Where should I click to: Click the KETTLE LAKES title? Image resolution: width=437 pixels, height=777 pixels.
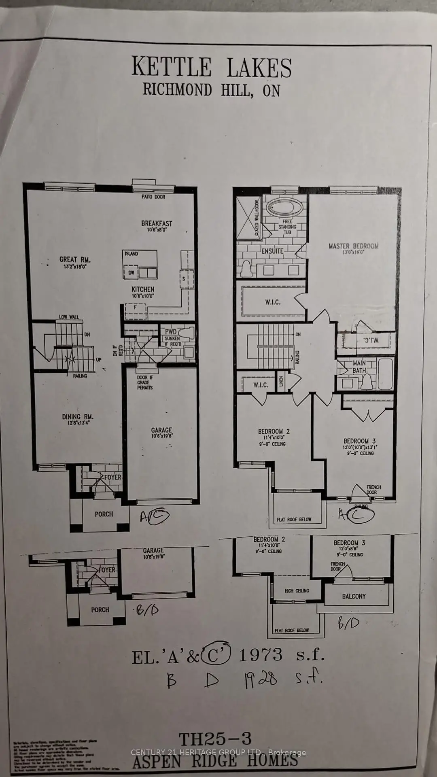pyautogui.click(x=212, y=67)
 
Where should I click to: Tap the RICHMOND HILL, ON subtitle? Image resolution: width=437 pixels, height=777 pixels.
pyautogui.click(x=211, y=90)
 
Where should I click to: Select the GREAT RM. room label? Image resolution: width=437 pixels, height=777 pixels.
pyautogui.click(x=75, y=260)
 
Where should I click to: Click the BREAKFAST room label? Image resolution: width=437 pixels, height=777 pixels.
pyautogui.click(x=157, y=223)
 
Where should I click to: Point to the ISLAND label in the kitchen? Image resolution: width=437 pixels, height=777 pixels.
pyautogui.click(x=131, y=254)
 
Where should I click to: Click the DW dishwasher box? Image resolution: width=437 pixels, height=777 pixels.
pyautogui.click(x=131, y=273)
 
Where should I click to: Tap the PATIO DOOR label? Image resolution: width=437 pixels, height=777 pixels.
pyautogui.click(x=153, y=197)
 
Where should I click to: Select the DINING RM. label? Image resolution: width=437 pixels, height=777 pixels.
pyautogui.click(x=78, y=417)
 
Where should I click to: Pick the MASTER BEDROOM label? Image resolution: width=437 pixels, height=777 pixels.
pyautogui.click(x=353, y=246)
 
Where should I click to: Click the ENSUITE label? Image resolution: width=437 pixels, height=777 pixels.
pyautogui.click(x=272, y=251)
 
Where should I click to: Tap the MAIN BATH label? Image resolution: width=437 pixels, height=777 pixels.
pyautogui.click(x=359, y=367)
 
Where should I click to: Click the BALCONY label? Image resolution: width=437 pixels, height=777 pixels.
pyautogui.click(x=354, y=597)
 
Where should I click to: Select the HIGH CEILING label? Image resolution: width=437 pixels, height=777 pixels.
pyautogui.click(x=297, y=591)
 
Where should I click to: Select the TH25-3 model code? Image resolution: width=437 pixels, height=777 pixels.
pyautogui.click(x=215, y=739)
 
